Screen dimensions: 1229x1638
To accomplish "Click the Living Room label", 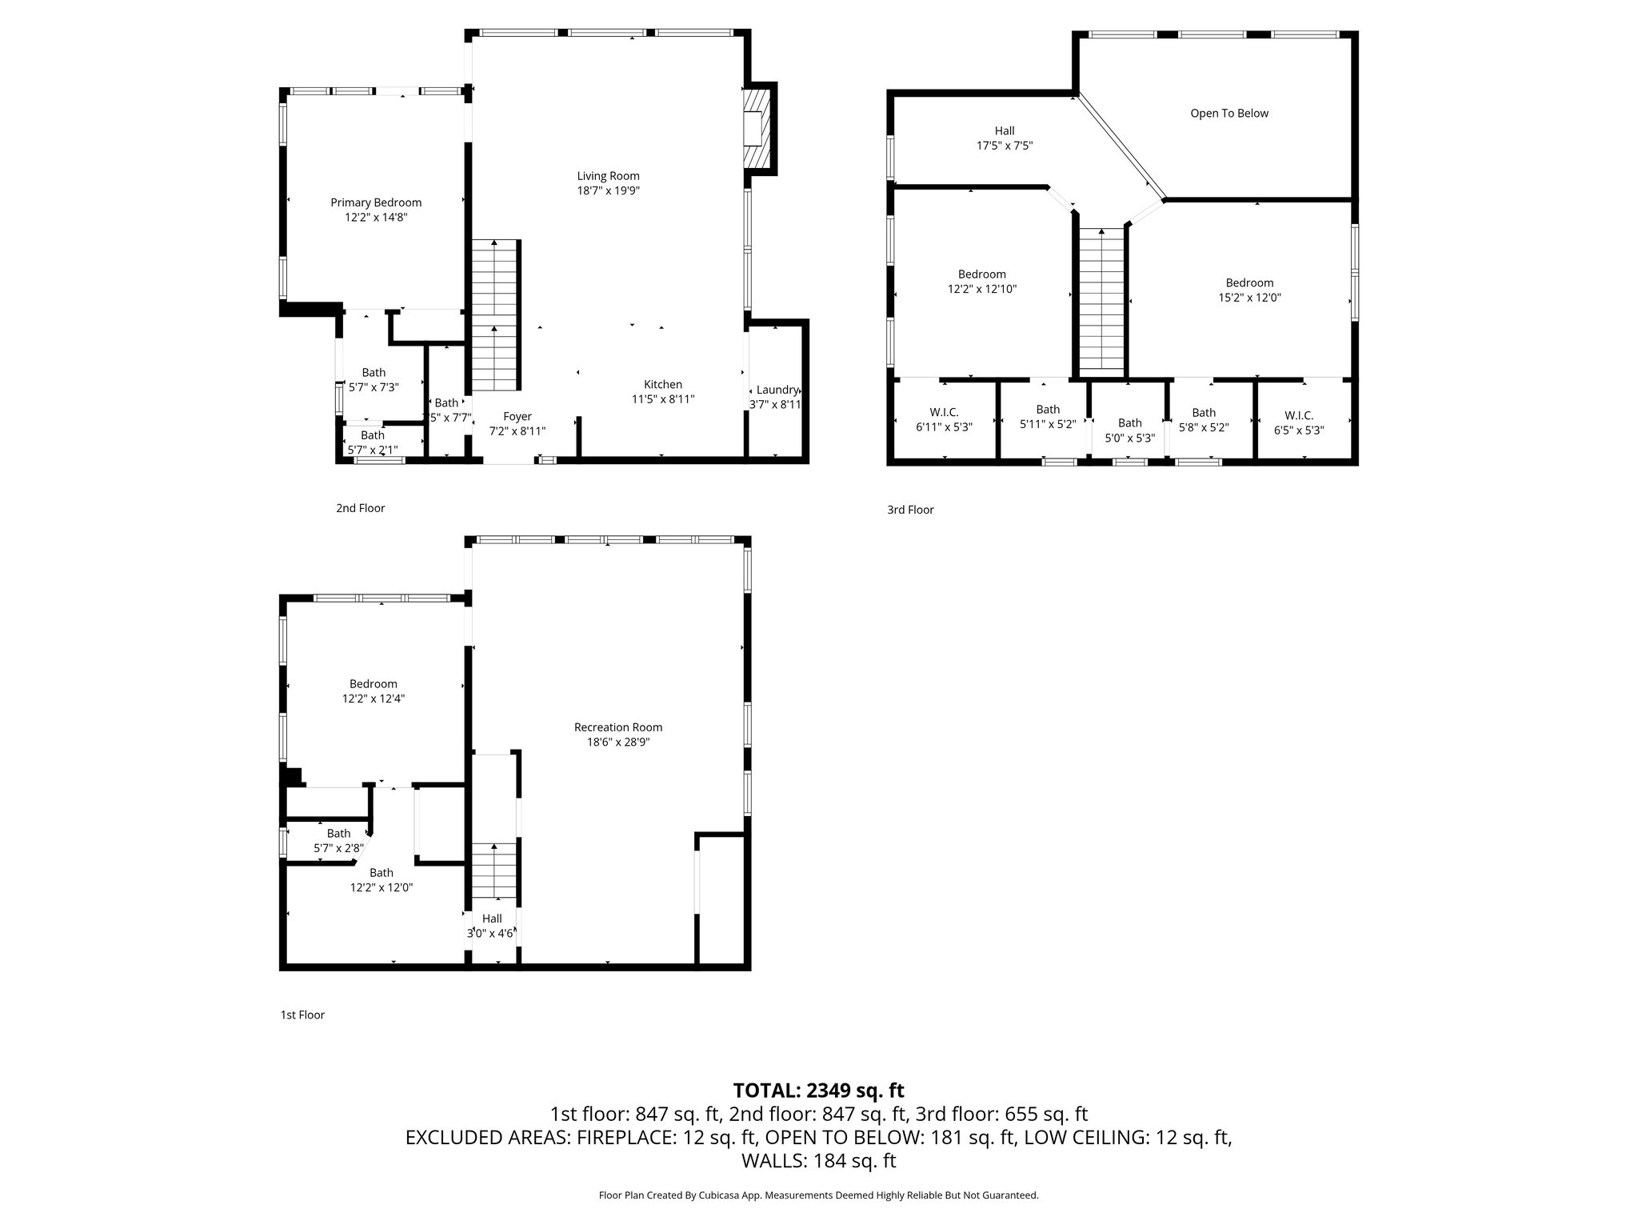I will point(608,176).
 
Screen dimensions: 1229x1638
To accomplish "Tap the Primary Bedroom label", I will point(376,202).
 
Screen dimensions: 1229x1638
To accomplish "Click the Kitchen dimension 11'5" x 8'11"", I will point(663,399).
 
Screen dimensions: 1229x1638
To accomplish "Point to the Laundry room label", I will point(777,390).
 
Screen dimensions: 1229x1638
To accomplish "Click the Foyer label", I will point(517,416).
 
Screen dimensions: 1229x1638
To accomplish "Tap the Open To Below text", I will point(1229,114).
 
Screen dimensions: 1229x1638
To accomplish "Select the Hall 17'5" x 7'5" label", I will point(1005,131).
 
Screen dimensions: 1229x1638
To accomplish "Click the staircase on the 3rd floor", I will point(1102,300).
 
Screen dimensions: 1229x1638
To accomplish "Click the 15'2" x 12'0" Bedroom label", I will point(1249,283).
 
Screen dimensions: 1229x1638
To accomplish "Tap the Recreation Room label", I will point(618,727).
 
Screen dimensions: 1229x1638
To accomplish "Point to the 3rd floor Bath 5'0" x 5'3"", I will point(1129,430).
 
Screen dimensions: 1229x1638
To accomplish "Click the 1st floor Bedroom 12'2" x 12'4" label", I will point(373,684).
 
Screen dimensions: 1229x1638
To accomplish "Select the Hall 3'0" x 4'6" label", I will point(492,919).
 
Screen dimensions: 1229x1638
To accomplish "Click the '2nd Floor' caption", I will point(360,508).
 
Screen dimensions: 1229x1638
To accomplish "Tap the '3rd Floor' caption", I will point(910,510).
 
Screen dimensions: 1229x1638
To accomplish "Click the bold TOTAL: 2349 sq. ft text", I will point(818,1091).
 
